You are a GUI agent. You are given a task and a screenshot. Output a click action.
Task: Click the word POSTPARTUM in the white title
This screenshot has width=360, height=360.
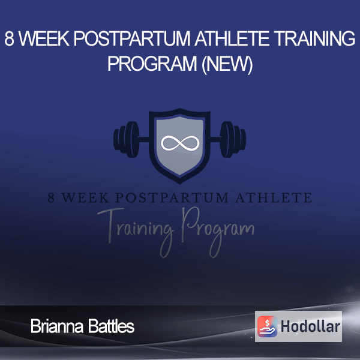click(x=132, y=38)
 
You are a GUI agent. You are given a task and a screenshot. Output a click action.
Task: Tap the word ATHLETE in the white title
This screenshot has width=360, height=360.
click(x=232, y=38)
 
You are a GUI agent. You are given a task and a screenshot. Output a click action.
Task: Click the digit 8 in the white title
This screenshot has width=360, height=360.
click(x=9, y=38)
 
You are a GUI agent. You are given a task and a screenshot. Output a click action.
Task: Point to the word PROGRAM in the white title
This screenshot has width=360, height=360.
click(x=152, y=64)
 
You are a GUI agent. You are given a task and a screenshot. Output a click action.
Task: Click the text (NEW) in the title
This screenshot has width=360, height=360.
click(x=227, y=64)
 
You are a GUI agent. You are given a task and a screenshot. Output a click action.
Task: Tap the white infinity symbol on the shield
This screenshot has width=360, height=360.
click(x=180, y=143)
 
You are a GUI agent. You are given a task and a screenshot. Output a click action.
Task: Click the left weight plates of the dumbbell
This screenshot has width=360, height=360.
click(x=127, y=139)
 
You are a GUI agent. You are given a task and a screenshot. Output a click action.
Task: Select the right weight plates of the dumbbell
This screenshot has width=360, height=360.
click(x=233, y=139)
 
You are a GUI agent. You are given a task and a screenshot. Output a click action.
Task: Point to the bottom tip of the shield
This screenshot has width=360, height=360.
click(x=180, y=184)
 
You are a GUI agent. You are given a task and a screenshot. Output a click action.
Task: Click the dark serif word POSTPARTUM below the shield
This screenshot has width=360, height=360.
click(x=172, y=198)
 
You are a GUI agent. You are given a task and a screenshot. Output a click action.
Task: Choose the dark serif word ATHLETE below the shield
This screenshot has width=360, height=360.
click(x=274, y=198)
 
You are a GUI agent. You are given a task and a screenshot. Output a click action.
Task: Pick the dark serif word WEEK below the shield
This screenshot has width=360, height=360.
click(x=85, y=198)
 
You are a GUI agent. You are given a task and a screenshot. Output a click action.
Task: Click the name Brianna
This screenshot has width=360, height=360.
click(x=57, y=326)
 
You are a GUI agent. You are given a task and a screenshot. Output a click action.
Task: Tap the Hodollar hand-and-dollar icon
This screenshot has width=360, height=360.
click(x=267, y=326)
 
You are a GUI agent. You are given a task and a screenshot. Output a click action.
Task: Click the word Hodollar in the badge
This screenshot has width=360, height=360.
click(x=310, y=326)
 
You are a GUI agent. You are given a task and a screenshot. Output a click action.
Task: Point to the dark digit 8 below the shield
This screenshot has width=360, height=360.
click(x=51, y=198)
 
